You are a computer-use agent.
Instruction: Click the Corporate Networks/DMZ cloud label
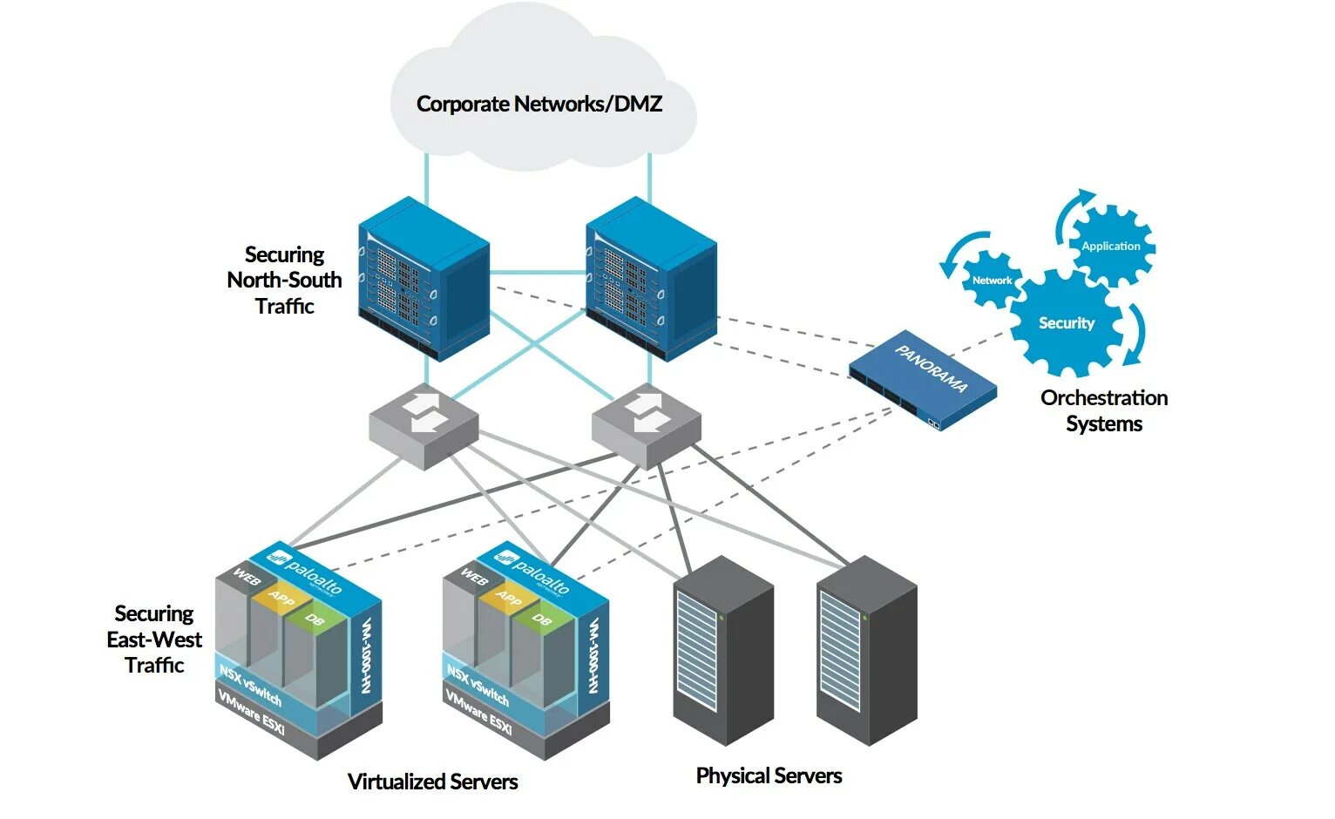(x=539, y=105)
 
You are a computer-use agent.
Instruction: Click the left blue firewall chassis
(x=424, y=279)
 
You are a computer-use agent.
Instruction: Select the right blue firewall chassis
(x=651, y=279)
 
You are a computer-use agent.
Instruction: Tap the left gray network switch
(x=424, y=425)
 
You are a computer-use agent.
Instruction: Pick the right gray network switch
(x=646, y=425)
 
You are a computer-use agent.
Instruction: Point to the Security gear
(x=1066, y=323)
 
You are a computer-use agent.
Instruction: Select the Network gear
(x=992, y=281)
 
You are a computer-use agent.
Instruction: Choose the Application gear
(x=1111, y=247)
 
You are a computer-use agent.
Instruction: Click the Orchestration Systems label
(x=1104, y=410)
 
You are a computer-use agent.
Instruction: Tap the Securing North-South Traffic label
(x=284, y=280)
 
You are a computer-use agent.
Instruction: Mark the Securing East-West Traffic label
(x=154, y=640)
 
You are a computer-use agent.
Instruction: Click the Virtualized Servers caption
(x=432, y=782)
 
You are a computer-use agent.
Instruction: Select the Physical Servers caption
(x=769, y=775)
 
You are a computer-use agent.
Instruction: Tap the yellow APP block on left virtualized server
(x=281, y=599)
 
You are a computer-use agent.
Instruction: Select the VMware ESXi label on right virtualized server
(x=478, y=711)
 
